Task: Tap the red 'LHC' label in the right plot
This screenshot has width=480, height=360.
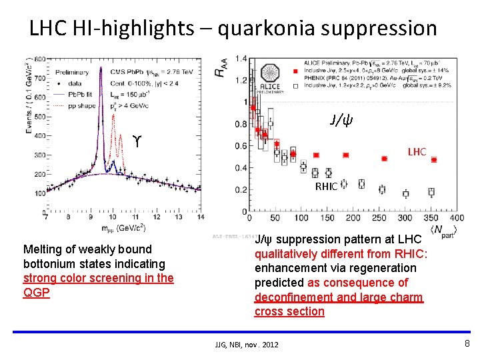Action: (x=417, y=152)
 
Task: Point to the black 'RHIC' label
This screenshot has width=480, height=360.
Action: (x=326, y=187)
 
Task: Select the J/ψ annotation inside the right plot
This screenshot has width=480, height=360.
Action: (x=341, y=121)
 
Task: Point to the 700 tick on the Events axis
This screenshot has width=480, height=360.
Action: (x=40, y=78)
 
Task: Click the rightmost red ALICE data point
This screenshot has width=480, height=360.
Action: (x=434, y=160)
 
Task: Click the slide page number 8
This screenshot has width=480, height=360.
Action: (x=467, y=344)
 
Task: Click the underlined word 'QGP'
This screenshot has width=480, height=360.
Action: (x=37, y=293)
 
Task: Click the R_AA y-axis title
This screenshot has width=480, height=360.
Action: (x=221, y=67)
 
